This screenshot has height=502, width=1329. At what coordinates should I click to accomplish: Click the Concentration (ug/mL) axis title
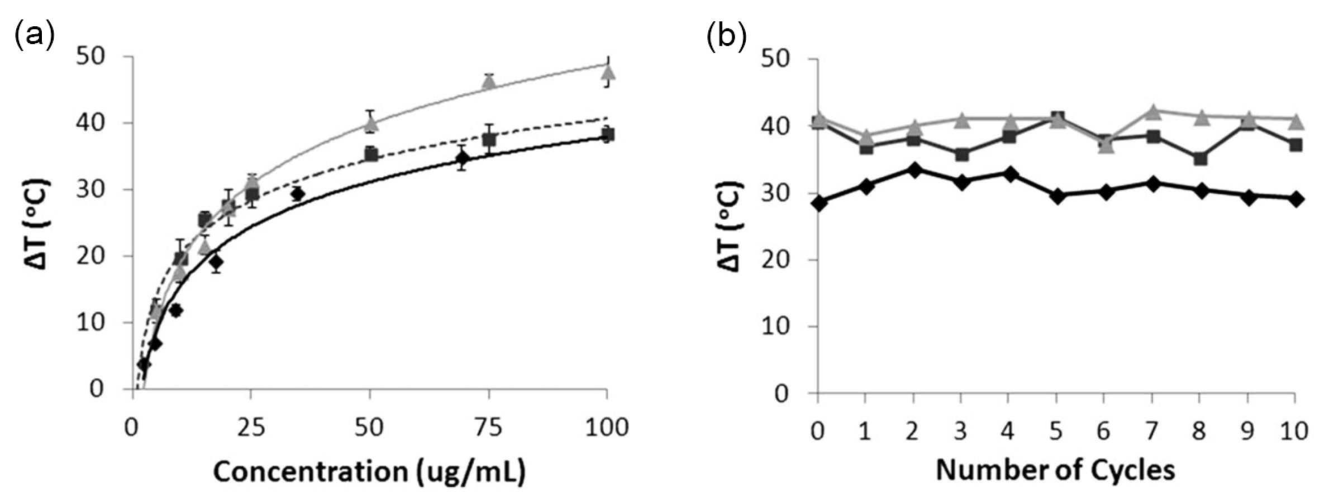click(x=369, y=472)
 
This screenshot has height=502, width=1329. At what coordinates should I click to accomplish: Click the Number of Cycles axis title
click(x=1055, y=470)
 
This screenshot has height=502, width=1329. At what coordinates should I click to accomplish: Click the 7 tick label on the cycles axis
click(x=1152, y=431)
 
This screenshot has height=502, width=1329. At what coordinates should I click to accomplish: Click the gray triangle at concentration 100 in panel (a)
click(x=608, y=72)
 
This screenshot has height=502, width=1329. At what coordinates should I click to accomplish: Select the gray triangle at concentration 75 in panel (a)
click(x=489, y=82)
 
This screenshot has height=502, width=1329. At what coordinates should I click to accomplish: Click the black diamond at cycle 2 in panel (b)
click(x=914, y=170)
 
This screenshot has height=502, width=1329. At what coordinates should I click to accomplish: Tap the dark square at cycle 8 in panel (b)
click(x=1200, y=159)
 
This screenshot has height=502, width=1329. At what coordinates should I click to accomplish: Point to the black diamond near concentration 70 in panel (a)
click(x=462, y=158)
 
